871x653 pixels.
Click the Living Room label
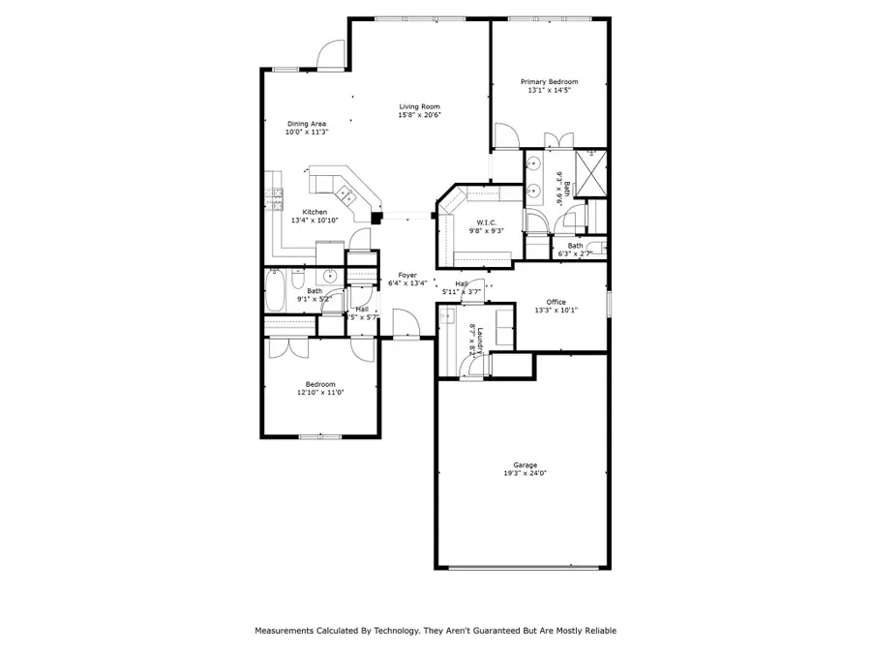pos(420,106)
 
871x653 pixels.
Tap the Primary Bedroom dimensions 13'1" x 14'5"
pos(550,91)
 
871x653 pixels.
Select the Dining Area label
pos(306,124)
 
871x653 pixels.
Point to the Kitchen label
pos(315,212)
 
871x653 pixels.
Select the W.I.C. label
pos(482,223)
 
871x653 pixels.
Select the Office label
pos(556,302)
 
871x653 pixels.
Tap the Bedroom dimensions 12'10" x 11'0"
pos(319,393)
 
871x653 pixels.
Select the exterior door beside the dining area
pos(332,56)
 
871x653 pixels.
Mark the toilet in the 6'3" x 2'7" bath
pos(597,247)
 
